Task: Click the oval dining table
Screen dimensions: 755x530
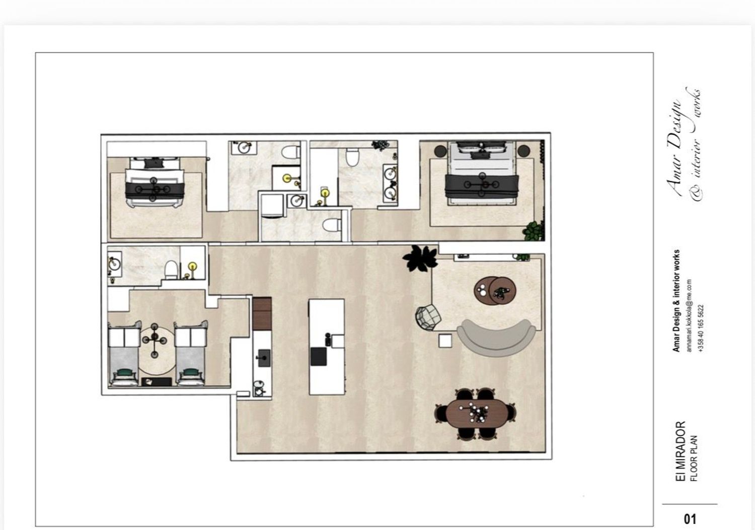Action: coord(476,414)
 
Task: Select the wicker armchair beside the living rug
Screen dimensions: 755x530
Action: coord(428,317)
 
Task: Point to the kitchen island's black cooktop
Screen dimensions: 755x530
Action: coord(318,357)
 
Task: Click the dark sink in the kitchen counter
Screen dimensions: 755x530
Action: coord(264,358)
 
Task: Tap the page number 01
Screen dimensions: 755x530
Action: coord(690,519)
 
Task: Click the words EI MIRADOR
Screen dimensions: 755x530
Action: coord(681,451)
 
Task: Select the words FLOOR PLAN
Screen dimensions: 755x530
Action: coord(694,458)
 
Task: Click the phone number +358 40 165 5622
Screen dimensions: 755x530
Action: coord(701,329)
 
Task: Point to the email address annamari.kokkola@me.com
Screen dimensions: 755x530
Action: coord(689,315)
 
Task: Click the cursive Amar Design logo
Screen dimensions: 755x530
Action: coord(684,145)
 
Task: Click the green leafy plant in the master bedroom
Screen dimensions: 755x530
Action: coord(533,231)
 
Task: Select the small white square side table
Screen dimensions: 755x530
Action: coord(445,341)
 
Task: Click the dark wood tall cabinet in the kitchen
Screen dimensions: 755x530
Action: coord(262,314)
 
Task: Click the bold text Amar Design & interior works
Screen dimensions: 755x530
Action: coord(676,301)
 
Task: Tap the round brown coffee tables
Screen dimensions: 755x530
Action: coord(495,291)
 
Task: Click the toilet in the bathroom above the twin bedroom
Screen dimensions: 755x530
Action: coord(171,270)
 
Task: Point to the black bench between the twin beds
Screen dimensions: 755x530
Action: coord(157,381)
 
